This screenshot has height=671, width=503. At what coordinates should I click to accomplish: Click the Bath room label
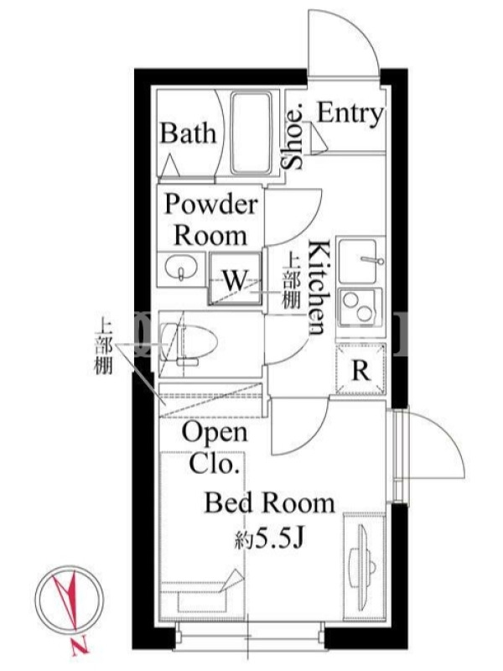[x=188, y=133]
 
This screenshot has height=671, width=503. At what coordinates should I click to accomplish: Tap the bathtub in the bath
[x=251, y=133]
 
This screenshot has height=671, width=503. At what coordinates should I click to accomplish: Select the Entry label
[x=350, y=114]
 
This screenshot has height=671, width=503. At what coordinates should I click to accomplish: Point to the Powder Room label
[x=211, y=220]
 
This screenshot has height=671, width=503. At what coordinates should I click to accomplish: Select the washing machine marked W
[x=236, y=278]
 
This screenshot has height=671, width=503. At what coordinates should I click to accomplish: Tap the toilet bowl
[x=188, y=343]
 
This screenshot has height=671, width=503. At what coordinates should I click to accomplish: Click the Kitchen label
[x=319, y=287]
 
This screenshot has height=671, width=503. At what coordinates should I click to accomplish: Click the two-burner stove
[x=360, y=306]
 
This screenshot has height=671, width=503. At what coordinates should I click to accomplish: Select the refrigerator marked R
[x=360, y=369]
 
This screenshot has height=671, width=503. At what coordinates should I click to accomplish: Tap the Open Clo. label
[x=215, y=448]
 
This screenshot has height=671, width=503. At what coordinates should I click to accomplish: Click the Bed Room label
[x=269, y=503]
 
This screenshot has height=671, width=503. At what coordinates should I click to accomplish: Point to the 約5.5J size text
[x=269, y=539]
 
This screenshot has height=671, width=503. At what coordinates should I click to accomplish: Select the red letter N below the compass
[x=80, y=646]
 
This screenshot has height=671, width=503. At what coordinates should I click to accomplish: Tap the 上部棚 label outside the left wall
[x=103, y=347]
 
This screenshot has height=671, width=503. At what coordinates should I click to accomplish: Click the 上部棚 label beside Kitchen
[x=291, y=281]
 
